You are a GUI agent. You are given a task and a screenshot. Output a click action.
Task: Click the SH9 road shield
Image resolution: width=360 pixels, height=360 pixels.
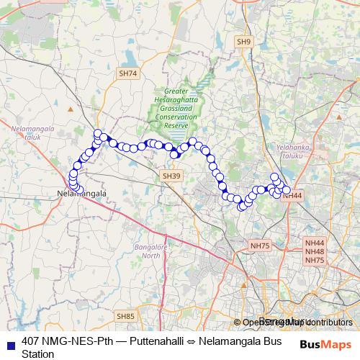click(x=244, y=42)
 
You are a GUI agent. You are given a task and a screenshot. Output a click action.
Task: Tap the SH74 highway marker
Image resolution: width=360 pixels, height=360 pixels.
click(x=127, y=73)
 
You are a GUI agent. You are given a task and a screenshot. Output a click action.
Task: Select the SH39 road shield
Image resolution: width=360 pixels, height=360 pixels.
click(x=171, y=176)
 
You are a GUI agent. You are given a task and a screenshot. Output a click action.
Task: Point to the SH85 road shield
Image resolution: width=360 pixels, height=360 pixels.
click(x=125, y=316)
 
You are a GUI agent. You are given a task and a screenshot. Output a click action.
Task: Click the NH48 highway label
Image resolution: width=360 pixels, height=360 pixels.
click(x=315, y=252)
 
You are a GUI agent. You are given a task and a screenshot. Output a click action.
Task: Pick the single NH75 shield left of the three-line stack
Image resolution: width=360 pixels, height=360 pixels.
click(x=260, y=246)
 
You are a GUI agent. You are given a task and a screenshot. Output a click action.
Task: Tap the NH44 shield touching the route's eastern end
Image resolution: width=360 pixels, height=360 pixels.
click(x=292, y=195)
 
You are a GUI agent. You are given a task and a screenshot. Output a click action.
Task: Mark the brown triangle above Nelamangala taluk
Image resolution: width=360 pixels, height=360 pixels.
click(x=70, y=109)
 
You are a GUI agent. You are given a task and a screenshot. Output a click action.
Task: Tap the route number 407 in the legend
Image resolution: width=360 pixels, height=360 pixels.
click(x=31, y=341)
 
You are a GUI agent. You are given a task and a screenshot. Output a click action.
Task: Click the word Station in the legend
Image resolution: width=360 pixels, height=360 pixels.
click(x=38, y=354)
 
